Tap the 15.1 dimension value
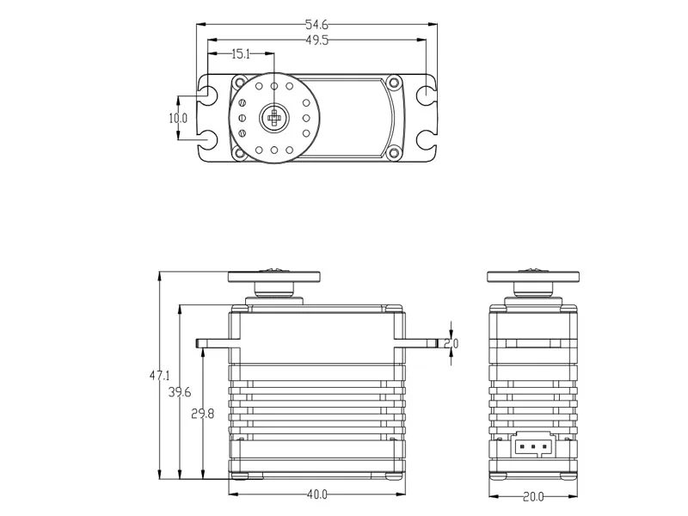point(240,54)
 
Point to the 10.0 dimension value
point(178,118)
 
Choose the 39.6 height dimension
point(179,393)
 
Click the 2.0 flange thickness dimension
point(452,343)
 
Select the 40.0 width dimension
point(316,495)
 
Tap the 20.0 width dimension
point(533,496)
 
